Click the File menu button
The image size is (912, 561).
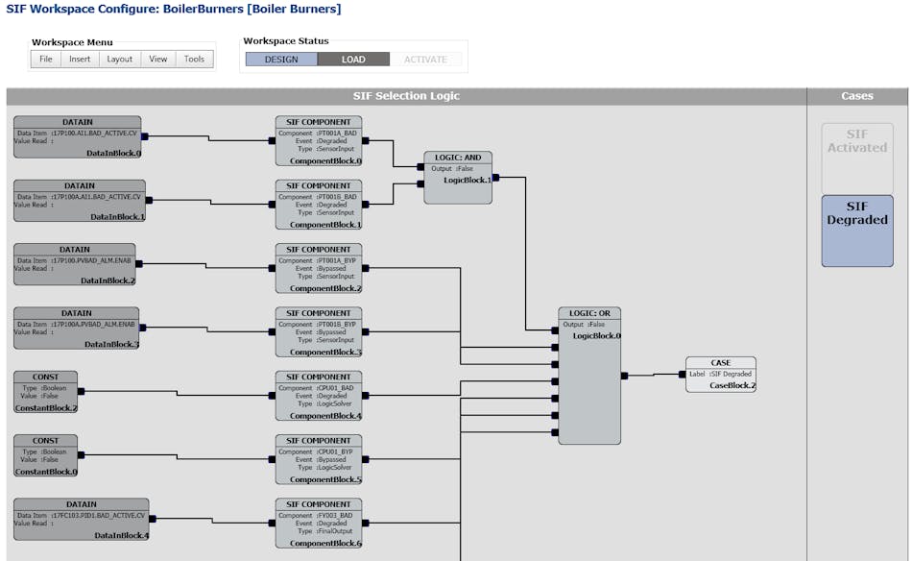click(x=45, y=60)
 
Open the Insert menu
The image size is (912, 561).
click(x=80, y=60)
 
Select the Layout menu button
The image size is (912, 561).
click(x=120, y=60)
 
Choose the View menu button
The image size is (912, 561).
click(x=158, y=60)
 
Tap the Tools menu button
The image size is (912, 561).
click(x=194, y=60)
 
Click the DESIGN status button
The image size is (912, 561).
click(x=281, y=60)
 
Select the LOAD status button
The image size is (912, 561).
click(x=353, y=60)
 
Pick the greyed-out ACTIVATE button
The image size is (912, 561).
click(x=425, y=60)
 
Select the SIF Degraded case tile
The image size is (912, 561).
click(x=857, y=231)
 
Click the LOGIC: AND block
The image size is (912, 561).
click(x=458, y=178)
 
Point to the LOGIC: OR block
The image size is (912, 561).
click(x=589, y=376)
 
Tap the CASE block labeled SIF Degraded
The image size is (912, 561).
click(x=720, y=375)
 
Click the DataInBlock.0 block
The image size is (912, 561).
click(x=80, y=137)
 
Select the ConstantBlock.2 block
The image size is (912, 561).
click(x=45, y=392)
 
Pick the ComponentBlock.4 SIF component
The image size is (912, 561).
click(x=319, y=396)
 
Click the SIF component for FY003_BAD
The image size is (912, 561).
click(x=319, y=524)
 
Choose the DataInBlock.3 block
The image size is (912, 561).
click(x=77, y=329)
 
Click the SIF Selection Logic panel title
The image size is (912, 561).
click(x=406, y=96)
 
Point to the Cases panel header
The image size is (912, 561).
click(x=857, y=96)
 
